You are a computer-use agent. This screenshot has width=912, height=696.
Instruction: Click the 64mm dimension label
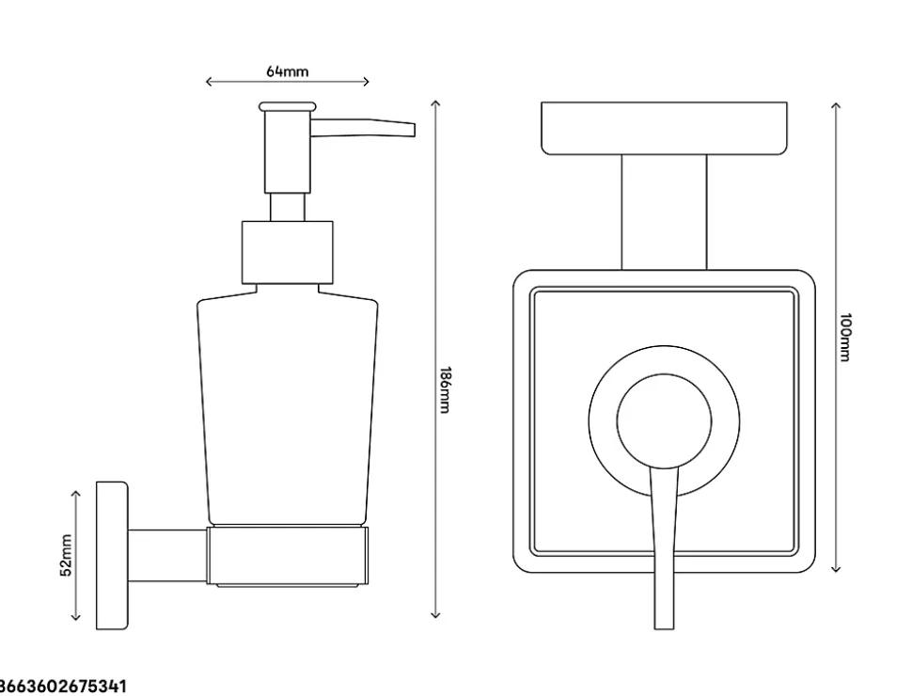(x=288, y=71)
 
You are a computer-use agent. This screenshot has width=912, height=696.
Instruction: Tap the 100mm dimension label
(x=845, y=337)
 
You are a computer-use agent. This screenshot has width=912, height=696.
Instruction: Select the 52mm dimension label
(x=66, y=554)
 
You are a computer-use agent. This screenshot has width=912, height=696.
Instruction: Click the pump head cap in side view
(x=288, y=107)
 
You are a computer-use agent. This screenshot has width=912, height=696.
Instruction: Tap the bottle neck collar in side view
(x=288, y=252)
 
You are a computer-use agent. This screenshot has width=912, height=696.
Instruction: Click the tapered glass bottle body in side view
(x=288, y=404)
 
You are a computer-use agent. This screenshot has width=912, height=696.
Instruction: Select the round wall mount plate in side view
(x=112, y=556)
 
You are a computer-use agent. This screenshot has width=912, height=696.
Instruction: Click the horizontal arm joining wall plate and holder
(x=167, y=555)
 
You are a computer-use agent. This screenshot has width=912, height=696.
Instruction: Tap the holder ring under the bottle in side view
(x=288, y=556)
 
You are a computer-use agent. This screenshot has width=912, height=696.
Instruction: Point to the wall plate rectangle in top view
(x=664, y=127)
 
